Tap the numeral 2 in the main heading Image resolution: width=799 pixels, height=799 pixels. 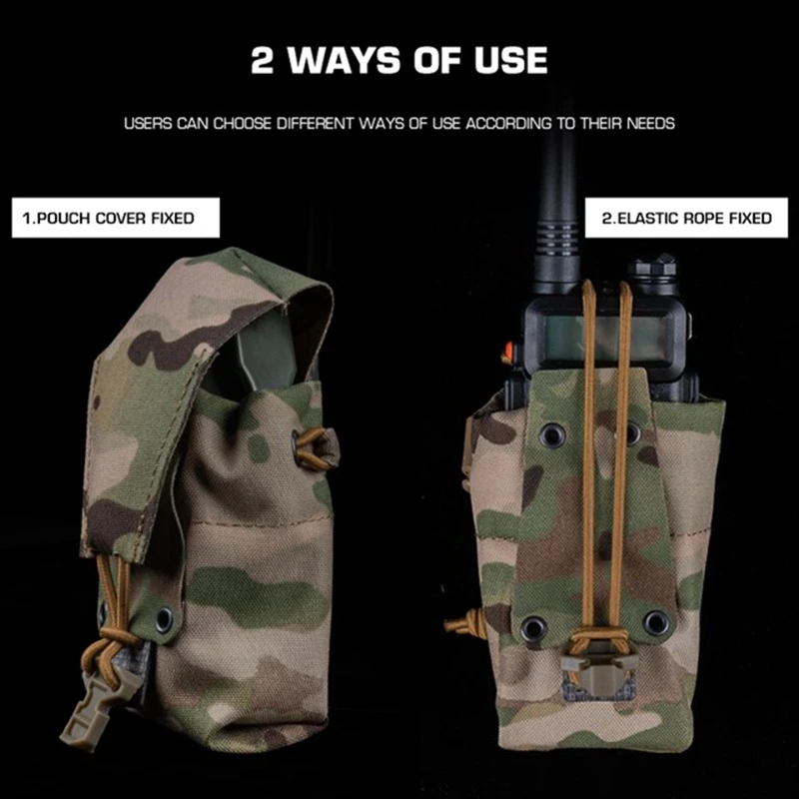pos(263,61)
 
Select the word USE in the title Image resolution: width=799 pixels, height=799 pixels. pos(510,61)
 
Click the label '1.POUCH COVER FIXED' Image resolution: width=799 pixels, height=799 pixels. pos(116,218)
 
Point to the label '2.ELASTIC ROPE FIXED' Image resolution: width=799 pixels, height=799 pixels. pos(686,218)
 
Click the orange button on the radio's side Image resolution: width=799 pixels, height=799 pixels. pos(507,352)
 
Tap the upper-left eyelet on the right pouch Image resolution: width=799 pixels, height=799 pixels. pos(552,434)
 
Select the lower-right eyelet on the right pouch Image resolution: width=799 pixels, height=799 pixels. pos(656,622)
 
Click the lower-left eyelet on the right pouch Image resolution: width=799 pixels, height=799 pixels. pos(533,627)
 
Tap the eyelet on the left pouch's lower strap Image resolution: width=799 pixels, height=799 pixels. pos(164,618)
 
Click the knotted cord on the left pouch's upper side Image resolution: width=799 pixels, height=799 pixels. pos(315,448)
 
